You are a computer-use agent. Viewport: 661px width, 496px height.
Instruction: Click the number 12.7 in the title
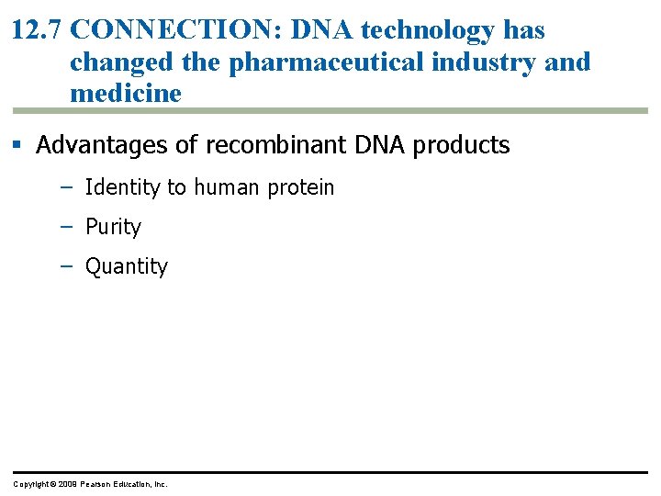[x=38, y=30]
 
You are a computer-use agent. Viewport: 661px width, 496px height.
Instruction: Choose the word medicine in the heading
[x=126, y=94]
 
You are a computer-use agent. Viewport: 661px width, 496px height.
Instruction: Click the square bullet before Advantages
[x=18, y=145]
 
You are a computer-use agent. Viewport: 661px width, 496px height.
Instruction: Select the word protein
[x=301, y=188]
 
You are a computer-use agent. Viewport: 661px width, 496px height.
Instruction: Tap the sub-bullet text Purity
[x=113, y=227]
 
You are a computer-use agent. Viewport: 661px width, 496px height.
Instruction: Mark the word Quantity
[x=127, y=266]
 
